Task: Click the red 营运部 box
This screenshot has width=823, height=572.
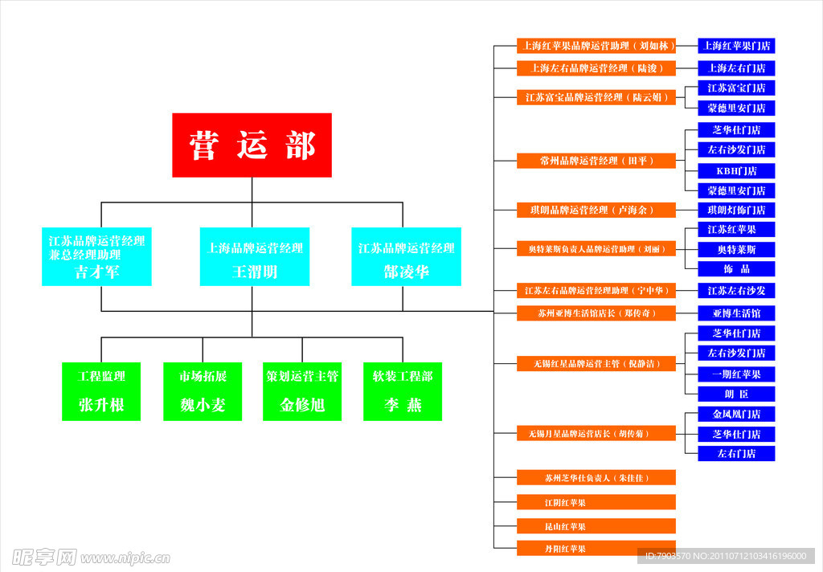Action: [x=252, y=145]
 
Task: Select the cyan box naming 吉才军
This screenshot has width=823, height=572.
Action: [x=96, y=256]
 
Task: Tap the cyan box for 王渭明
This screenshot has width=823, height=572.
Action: [x=255, y=256]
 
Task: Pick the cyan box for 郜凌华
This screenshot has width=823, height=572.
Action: [x=406, y=256]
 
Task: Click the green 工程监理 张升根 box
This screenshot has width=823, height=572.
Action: [x=101, y=391]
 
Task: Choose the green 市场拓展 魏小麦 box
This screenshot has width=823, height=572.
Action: [x=203, y=391]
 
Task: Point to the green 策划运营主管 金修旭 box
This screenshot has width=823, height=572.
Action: [x=302, y=391]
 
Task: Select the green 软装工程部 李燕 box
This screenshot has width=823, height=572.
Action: [x=403, y=391]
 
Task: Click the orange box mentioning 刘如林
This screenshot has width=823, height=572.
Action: [x=596, y=46]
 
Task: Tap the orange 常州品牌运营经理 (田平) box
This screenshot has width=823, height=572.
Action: [x=596, y=161]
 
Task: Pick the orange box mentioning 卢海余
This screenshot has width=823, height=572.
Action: [x=596, y=210]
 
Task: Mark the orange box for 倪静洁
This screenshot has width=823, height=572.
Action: [x=596, y=364]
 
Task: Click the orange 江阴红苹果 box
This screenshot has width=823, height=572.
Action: [x=596, y=503]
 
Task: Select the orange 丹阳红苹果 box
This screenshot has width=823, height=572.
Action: [x=596, y=549]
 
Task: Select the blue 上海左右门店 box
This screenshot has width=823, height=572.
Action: [x=736, y=68]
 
